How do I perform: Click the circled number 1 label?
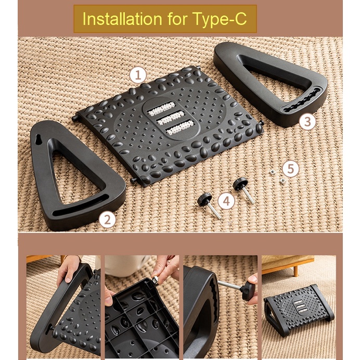click(138, 75)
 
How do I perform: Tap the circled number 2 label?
click(108, 220)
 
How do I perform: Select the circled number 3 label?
click(307, 121)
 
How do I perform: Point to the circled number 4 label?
click(226, 201)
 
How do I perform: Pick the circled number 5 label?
click(291, 169)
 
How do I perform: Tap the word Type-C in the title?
click(220, 19)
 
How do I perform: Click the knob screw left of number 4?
click(209, 205)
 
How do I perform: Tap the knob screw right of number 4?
click(243, 190)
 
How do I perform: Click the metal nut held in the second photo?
click(155, 280)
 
